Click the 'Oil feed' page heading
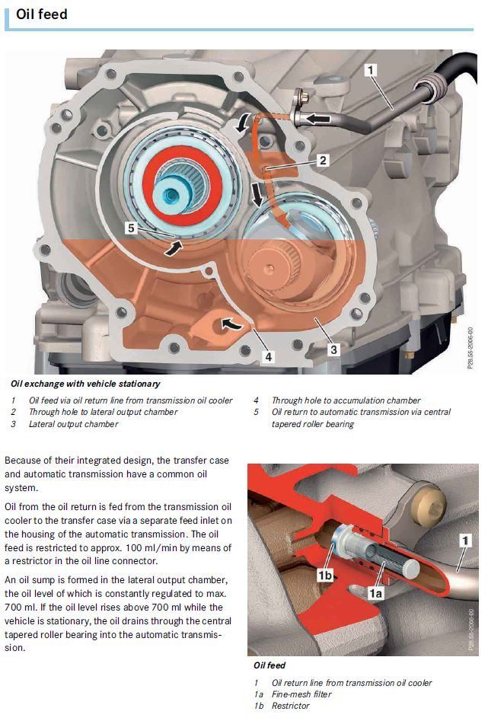[42, 14]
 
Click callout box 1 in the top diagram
[371, 71]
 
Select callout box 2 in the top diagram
[322, 161]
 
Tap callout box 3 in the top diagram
[333, 349]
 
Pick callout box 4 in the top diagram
[269, 356]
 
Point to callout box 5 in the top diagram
[131, 227]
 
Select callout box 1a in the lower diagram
[375, 589]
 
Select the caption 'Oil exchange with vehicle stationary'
[85, 384]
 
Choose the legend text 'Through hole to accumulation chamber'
[346, 400]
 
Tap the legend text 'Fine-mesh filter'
[301, 694]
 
